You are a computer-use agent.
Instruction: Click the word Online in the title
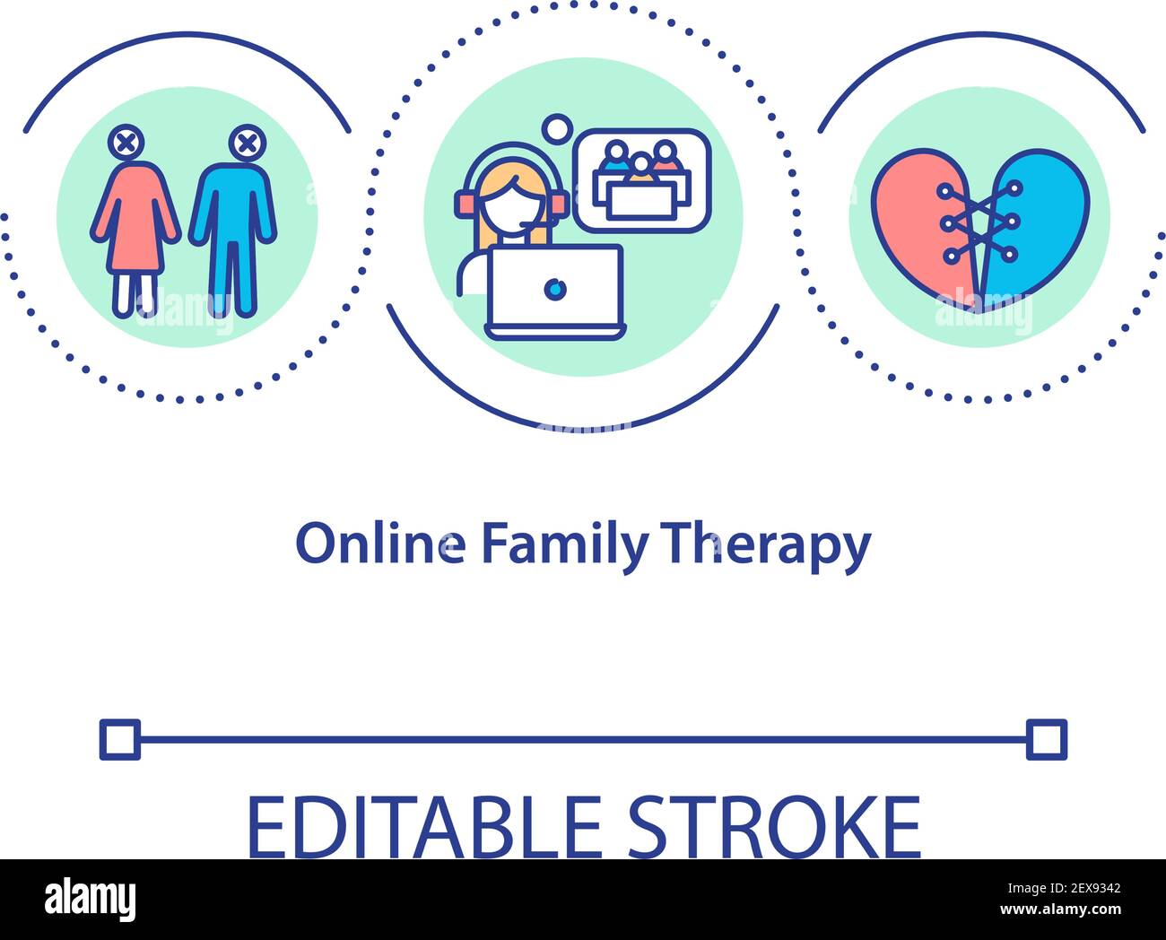pyautogui.click(x=380, y=544)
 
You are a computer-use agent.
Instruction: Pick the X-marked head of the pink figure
pyautogui.click(x=127, y=144)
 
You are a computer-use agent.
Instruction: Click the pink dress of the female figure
pyautogui.click(x=135, y=220)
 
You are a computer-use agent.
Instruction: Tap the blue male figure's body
pyautogui.click(x=232, y=224)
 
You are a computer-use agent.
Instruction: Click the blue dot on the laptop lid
pyautogui.click(x=555, y=289)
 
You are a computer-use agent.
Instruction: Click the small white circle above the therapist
pyautogui.click(x=557, y=127)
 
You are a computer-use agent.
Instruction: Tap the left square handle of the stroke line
pyautogui.click(x=119, y=739)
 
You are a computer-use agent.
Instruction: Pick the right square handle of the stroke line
pyautogui.click(x=1047, y=739)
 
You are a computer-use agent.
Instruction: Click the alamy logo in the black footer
pyautogui.click(x=91, y=898)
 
